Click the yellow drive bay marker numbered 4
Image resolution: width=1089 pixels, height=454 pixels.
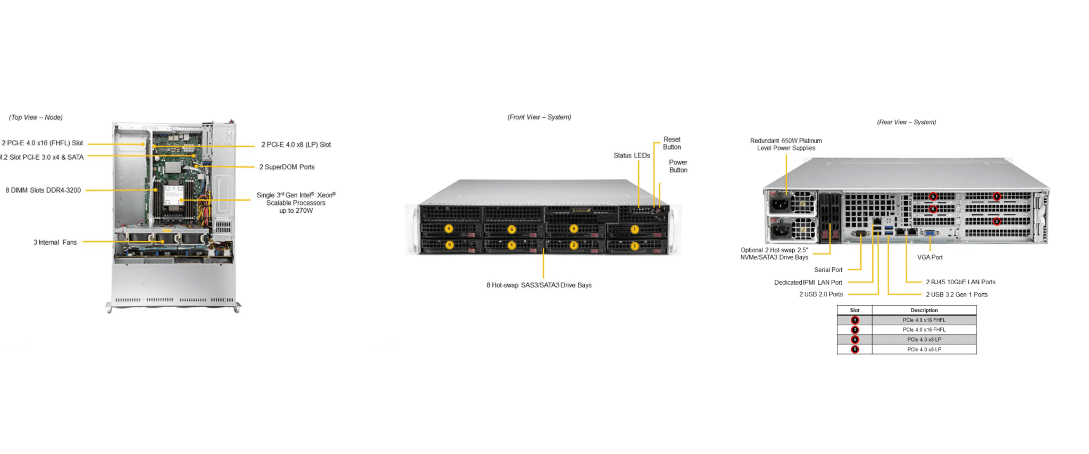click(x=449, y=229)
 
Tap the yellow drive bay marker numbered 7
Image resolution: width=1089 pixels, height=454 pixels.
click(x=634, y=229)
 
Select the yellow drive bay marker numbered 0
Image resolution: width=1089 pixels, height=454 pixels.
click(x=449, y=245)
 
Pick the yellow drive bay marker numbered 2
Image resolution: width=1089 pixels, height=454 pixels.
click(x=573, y=245)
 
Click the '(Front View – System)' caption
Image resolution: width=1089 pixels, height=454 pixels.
click(x=539, y=117)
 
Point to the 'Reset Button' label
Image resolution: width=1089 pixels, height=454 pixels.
click(x=672, y=143)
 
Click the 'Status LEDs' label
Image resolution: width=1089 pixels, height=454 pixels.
click(x=632, y=155)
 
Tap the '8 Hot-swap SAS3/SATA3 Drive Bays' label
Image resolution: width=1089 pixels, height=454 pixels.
click(x=539, y=285)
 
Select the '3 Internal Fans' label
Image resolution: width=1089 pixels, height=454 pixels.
click(x=55, y=242)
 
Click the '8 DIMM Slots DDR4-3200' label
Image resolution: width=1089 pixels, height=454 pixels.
click(x=43, y=190)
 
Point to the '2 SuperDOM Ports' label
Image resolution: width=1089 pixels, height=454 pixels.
click(x=287, y=167)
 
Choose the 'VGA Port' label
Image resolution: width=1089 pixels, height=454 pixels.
click(x=929, y=258)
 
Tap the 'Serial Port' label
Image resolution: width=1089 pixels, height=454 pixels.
click(x=828, y=270)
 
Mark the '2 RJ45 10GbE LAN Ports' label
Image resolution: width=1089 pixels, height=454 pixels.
click(x=960, y=282)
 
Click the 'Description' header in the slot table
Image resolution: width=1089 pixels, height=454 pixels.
click(x=924, y=310)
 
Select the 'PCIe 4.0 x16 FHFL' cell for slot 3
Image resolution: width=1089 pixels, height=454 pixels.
click(x=924, y=330)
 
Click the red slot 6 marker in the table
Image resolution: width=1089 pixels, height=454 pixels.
click(x=855, y=350)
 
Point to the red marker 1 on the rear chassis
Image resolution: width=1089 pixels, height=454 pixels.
click(x=997, y=196)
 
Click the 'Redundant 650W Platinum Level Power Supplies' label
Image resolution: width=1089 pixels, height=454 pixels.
click(x=786, y=144)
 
